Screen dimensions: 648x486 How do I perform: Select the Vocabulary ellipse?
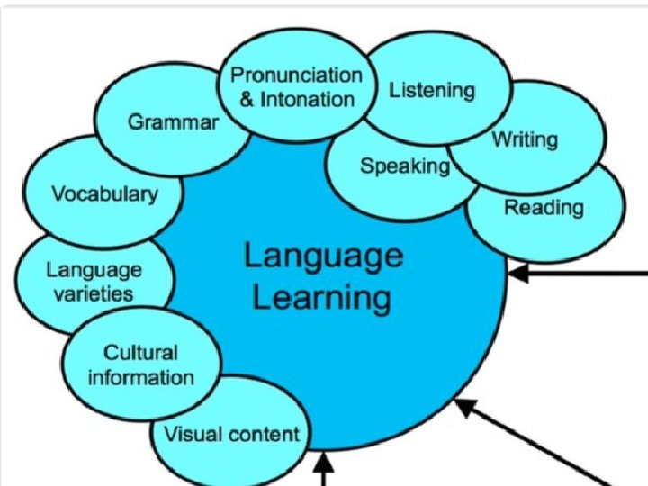pyautogui.click(x=103, y=193)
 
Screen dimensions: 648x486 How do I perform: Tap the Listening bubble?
pyautogui.click(x=431, y=90)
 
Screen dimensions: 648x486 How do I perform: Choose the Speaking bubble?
pyautogui.click(x=404, y=166)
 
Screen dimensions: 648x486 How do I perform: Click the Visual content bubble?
pyautogui.click(x=231, y=434)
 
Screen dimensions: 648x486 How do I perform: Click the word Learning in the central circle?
pyautogui.click(x=321, y=297)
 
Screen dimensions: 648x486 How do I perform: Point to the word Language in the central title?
pyautogui.click(x=322, y=256)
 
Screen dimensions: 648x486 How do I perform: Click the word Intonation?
pyautogui.click(x=308, y=98)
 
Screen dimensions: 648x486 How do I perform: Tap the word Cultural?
pyautogui.click(x=140, y=352)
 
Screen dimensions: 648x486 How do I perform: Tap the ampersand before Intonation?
pyautogui.click(x=248, y=98)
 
